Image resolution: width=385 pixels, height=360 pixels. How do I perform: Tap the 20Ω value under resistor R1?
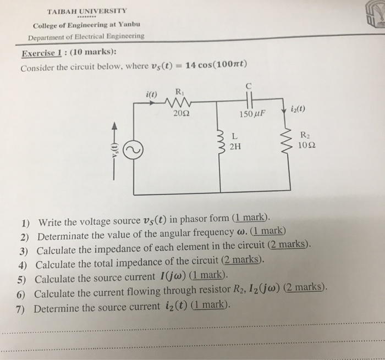click(x=180, y=114)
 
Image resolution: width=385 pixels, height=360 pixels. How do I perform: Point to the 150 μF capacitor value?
click(x=252, y=114)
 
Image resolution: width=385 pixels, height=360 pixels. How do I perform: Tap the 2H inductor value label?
click(x=235, y=146)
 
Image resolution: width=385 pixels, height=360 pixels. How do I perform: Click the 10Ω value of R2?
click(x=306, y=146)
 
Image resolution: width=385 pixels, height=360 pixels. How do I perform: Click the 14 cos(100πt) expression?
click(x=216, y=67)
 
